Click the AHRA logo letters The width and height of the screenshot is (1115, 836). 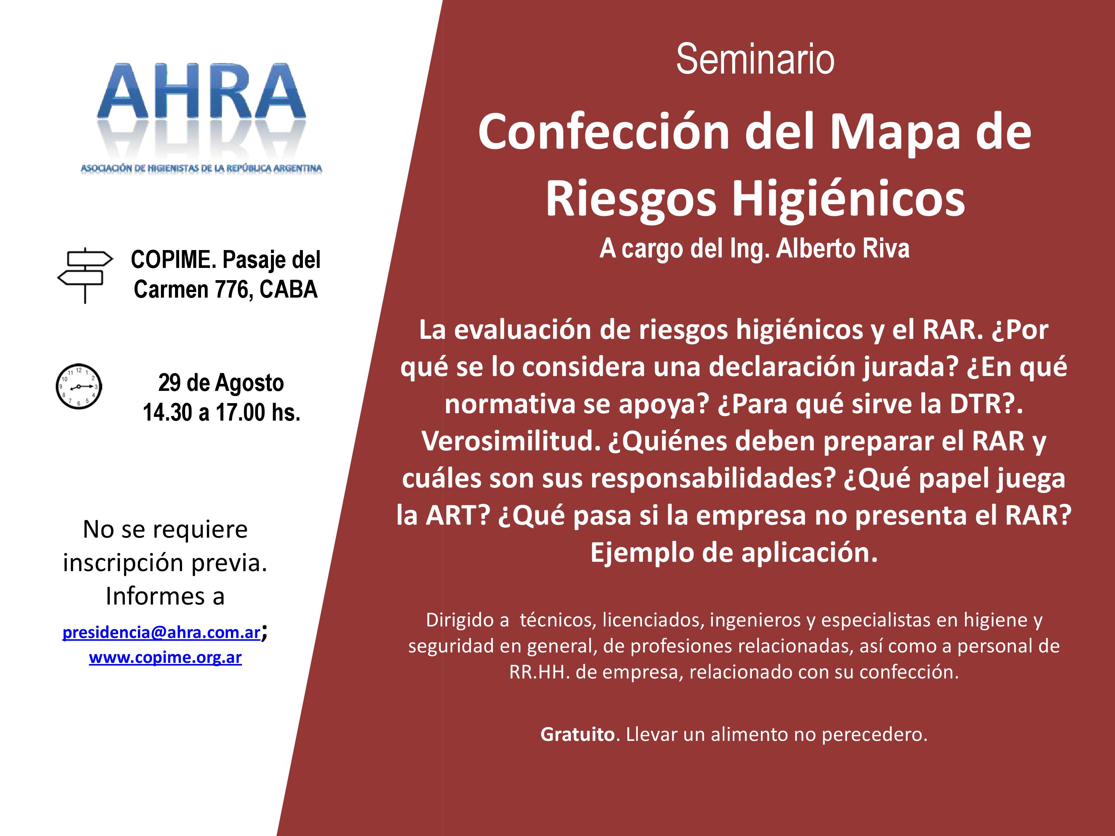pos(201,92)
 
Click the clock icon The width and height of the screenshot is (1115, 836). pos(79,386)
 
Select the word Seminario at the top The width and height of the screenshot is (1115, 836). pos(755,59)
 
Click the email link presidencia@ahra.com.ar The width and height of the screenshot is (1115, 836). pos(161,632)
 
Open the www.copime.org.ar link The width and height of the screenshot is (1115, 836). pos(165,657)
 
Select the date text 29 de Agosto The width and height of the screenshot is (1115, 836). pos(221,383)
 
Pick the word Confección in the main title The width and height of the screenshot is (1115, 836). pos(604,132)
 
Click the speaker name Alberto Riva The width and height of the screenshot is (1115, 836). pos(843,249)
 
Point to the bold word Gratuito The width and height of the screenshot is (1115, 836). pos(577,734)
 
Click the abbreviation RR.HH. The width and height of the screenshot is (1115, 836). pos(539,672)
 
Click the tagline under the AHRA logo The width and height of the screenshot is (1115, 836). pos(201,168)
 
